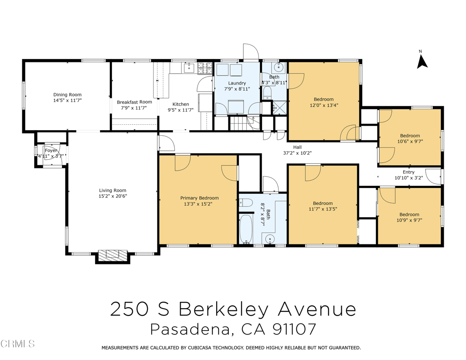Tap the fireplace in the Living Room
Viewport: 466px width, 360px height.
click(x=113, y=254)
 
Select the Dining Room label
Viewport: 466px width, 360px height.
click(x=67, y=95)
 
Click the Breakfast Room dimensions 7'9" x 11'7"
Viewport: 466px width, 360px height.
click(x=134, y=108)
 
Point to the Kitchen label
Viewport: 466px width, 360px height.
click(x=180, y=104)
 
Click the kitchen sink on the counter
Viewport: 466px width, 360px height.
click(x=189, y=69)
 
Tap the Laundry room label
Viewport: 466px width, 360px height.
click(x=237, y=83)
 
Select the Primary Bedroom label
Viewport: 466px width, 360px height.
click(x=199, y=198)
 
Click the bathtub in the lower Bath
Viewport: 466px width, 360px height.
click(x=246, y=229)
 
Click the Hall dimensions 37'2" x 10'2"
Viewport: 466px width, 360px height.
click(x=297, y=153)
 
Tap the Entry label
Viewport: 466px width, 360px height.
click(x=408, y=172)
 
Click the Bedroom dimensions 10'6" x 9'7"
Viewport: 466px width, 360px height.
click(x=410, y=142)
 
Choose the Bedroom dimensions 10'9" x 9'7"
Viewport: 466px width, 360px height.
click(x=409, y=220)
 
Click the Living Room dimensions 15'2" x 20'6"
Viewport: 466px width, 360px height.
click(x=113, y=196)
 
